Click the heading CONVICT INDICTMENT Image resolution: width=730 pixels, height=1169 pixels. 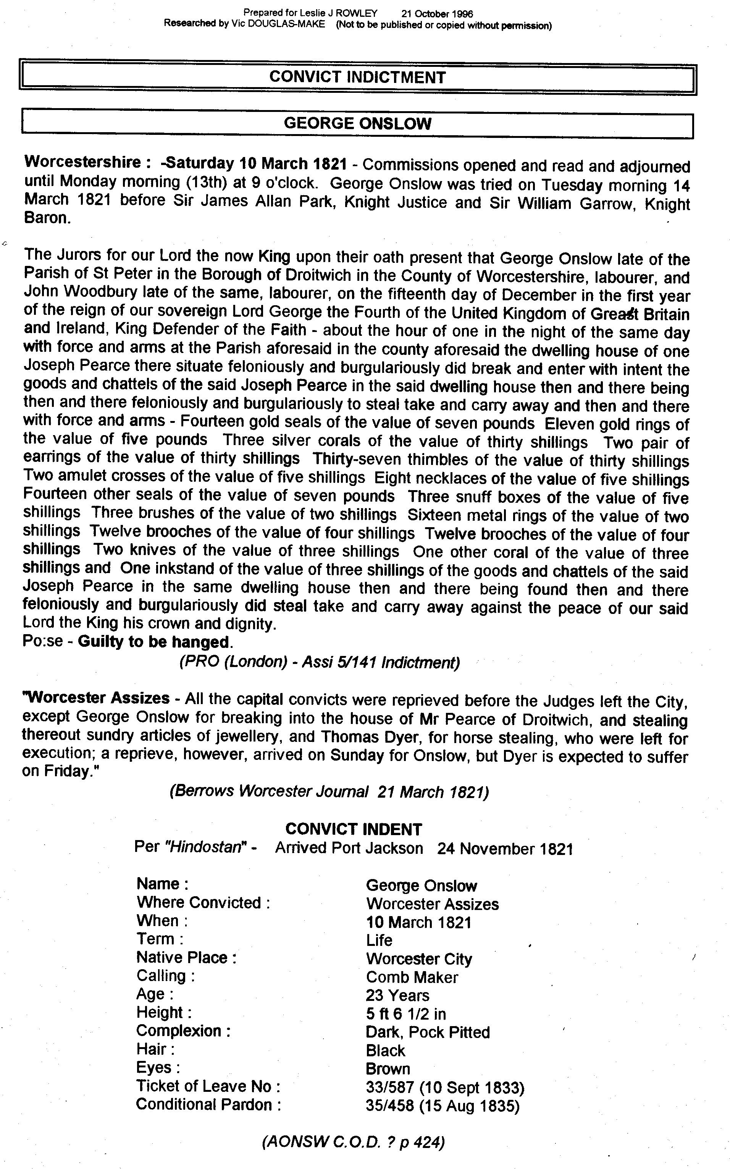357,77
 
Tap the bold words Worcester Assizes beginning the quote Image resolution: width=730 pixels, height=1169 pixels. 97,698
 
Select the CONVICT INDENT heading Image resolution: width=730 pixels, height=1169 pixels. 354,829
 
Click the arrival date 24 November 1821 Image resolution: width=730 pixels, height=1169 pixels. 505,849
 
